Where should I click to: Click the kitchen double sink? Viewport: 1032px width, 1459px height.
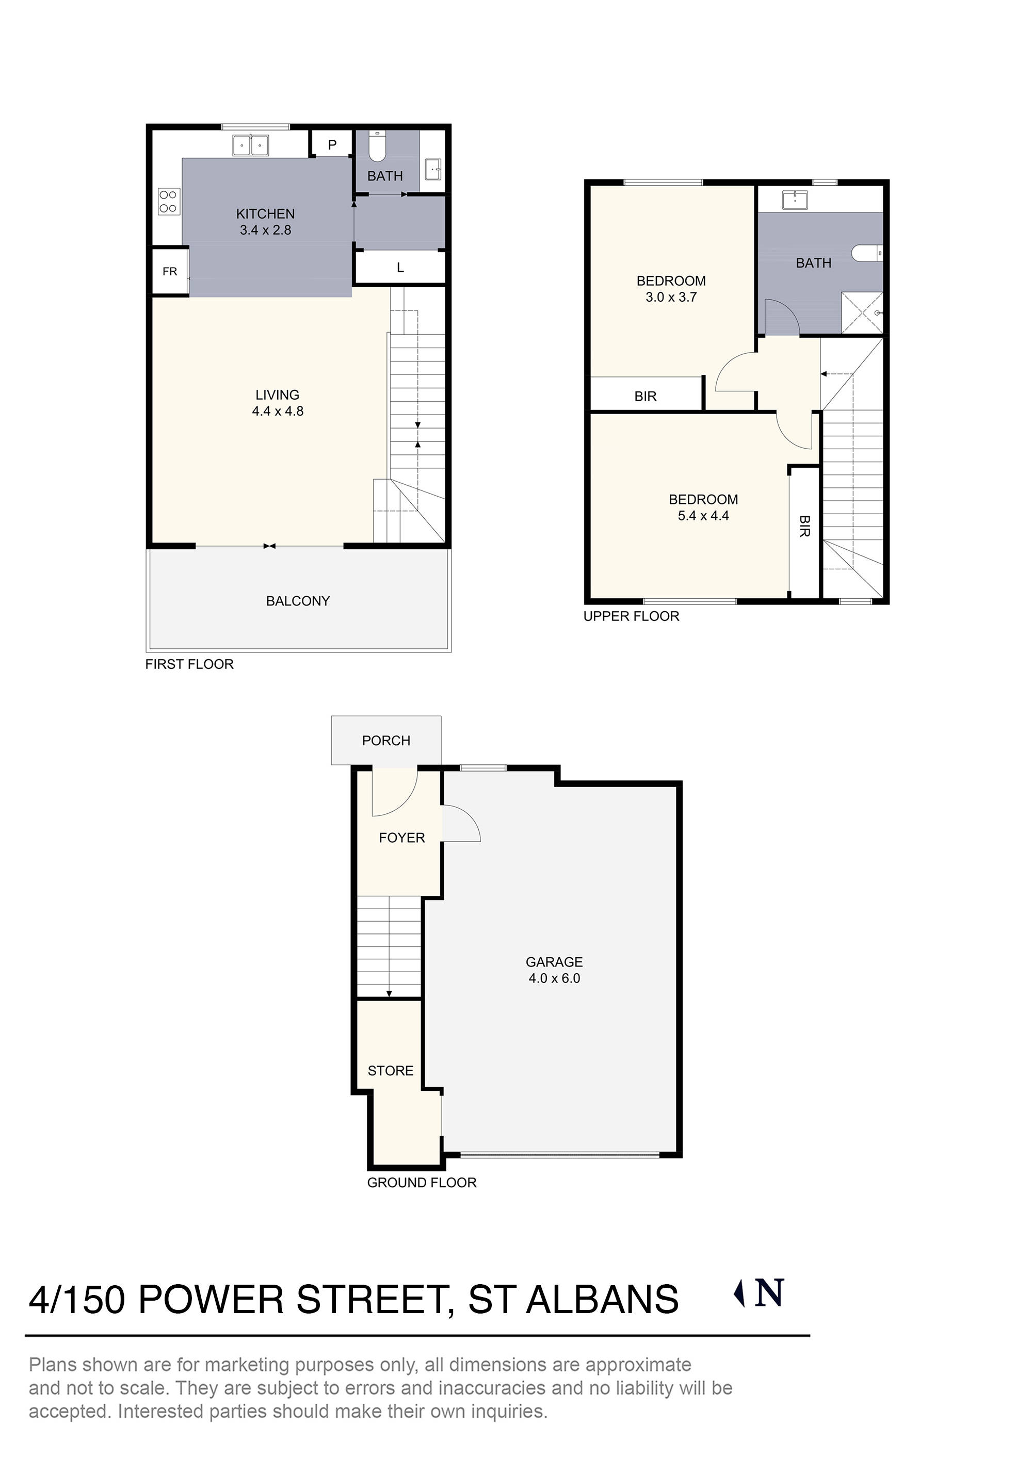(251, 145)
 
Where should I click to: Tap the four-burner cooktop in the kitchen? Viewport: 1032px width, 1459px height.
(168, 202)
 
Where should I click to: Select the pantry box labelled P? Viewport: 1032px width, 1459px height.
(332, 145)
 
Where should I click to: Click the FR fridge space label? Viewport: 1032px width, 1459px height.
(170, 271)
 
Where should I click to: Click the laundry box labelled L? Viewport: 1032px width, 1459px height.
(400, 268)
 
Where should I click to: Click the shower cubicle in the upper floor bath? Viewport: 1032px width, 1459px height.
(862, 312)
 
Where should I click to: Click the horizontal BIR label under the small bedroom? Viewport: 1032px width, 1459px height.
(645, 397)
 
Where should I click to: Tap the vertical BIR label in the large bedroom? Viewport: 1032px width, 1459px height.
(804, 526)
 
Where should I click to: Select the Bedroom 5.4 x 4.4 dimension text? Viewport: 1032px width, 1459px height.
(703, 515)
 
